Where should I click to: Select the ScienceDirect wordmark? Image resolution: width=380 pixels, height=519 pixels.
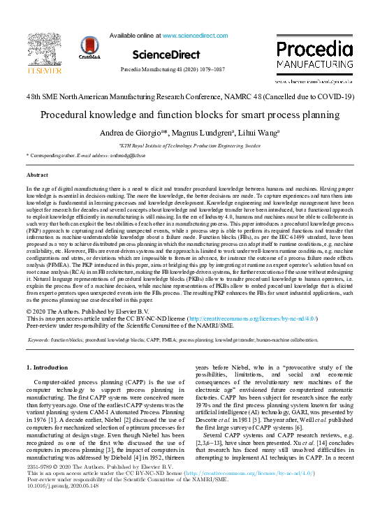[166, 54]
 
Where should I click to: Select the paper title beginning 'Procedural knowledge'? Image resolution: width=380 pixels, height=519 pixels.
[190, 115]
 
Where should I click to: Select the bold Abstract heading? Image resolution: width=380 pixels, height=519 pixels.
[37, 175]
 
